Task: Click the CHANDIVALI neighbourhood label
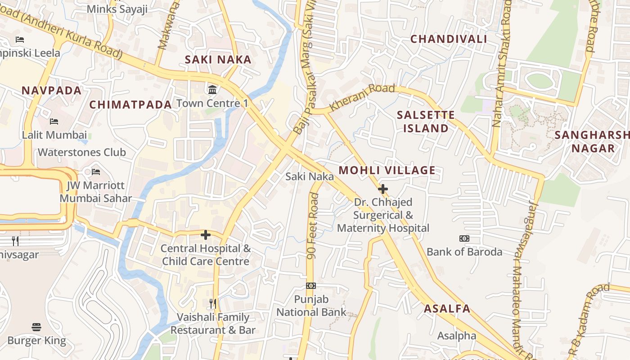click(x=448, y=39)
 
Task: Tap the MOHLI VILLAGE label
click(x=387, y=171)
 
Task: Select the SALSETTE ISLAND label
click(x=426, y=121)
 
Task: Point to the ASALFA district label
click(x=447, y=309)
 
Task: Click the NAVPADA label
click(x=52, y=90)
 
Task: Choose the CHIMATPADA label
click(x=130, y=105)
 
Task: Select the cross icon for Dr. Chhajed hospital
click(x=383, y=189)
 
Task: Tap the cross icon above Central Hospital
click(x=206, y=235)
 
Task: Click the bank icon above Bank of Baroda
click(x=464, y=238)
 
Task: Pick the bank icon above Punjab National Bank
click(x=311, y=286)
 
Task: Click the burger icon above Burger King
click(x=37, y=327)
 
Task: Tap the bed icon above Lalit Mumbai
click(x=54, y=121)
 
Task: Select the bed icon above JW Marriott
click(x=96, y=172)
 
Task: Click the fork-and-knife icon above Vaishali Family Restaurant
click(x=213, y=304)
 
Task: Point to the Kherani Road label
click(x=362, y=97)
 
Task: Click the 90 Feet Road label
click(x=313, y=226)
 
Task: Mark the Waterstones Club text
click(x=82, y=153)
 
